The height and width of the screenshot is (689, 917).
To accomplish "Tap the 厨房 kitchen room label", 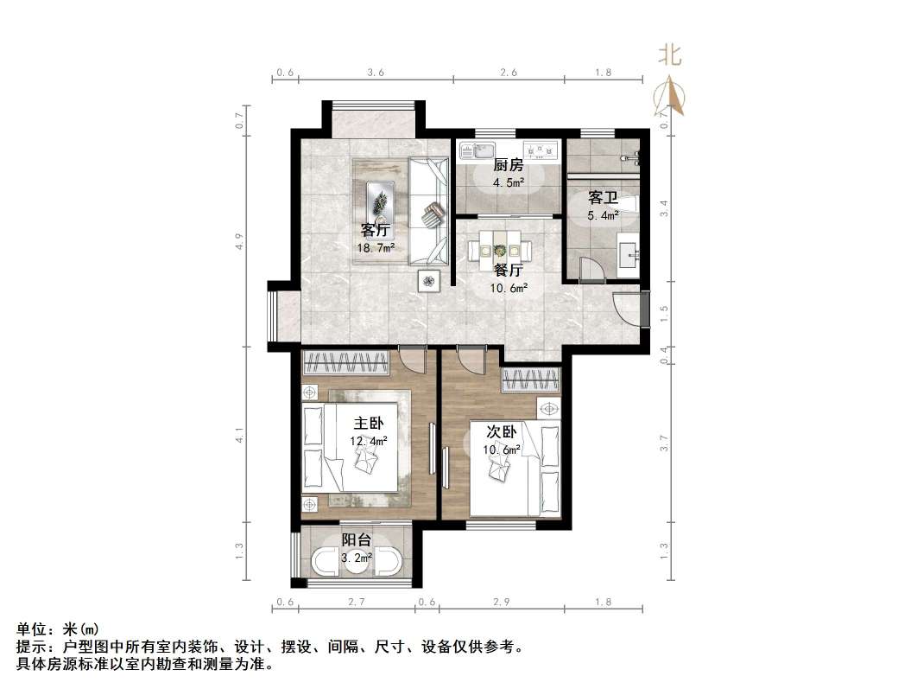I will tap(509, 165).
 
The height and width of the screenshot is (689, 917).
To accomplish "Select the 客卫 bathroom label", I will tap(603, 198).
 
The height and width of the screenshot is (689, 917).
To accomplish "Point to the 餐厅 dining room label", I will tap(509, 271).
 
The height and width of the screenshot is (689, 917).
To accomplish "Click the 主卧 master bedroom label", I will tap(369, 424).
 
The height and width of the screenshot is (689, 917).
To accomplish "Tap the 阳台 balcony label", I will tap(356, 540).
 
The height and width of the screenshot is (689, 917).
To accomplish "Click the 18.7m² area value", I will tap(376, 248).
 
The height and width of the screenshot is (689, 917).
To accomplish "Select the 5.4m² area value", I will tap(603, 215).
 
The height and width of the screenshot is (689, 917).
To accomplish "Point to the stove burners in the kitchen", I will tap(539, 150).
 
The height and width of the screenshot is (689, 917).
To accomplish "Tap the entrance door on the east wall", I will tap(629, 309).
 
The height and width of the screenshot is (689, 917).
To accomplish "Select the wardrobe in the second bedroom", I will tap(531, 380).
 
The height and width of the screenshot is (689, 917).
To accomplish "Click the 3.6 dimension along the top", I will tap(375, 73).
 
